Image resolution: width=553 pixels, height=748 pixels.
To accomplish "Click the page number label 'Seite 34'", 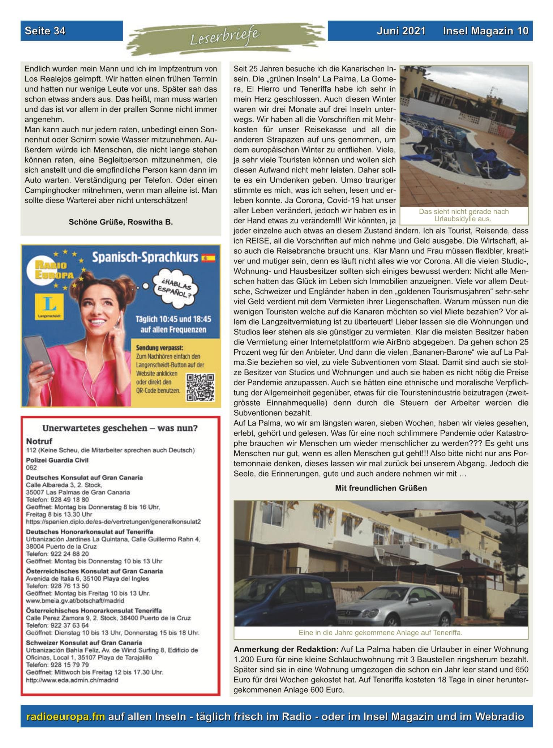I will (x=45, y=31).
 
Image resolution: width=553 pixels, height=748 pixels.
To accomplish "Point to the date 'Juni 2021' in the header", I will (x=401, y=31).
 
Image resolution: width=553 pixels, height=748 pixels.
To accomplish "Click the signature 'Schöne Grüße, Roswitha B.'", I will (x=121, y=222).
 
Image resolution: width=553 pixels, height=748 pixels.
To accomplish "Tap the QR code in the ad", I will (x=200, y=387).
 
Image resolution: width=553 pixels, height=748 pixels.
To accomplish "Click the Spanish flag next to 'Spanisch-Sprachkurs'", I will (x=208, y=258).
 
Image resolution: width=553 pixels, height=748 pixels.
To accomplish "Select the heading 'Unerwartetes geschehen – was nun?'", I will (x=120, y=428).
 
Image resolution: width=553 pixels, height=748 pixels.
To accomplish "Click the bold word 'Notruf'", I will (x=39, y=441).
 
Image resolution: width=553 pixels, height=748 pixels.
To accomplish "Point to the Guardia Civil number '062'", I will (x=31, y=467).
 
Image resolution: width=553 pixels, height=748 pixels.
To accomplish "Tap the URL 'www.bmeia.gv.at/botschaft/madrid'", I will (x=75, y=600).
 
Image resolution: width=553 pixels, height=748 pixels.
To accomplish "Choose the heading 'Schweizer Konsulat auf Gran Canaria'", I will (x=84, y=642).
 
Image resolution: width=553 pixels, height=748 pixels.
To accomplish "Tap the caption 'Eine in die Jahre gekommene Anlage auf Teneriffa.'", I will (x=381, y=633).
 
